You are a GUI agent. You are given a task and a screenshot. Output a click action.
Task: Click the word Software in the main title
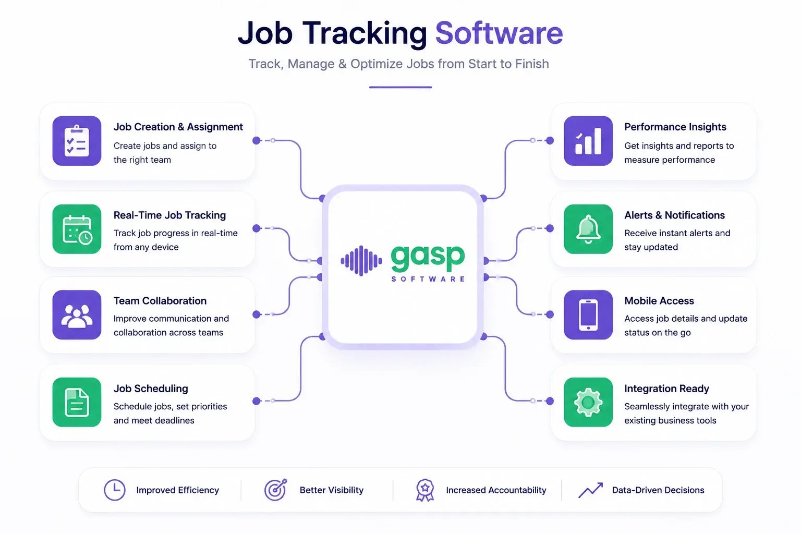coord(499,33)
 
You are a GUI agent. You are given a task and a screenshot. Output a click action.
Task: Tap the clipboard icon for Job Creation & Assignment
coord(77,141)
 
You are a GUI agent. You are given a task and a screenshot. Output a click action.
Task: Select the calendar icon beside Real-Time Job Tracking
coord(77,229)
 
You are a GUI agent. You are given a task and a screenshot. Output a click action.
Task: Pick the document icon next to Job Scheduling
coord(77,402)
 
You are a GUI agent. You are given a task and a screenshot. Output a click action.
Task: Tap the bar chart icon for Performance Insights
coord(588,141)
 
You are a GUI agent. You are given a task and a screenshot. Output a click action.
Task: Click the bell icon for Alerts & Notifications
coord(588,229)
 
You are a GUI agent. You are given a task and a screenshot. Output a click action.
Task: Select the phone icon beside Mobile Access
coord(588,315)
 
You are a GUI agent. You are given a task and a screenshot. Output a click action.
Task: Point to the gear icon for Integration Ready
coord(588,402)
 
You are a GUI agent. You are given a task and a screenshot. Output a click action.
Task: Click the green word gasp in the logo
coord(428,258)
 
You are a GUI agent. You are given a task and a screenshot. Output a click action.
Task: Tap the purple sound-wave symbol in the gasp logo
coord(361,261)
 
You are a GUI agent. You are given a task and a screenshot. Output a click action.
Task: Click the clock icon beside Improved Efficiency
coord(114,490)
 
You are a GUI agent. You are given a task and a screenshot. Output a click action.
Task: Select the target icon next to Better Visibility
coord(276,490)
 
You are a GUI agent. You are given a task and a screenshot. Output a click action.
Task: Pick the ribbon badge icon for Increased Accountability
coord(425,490)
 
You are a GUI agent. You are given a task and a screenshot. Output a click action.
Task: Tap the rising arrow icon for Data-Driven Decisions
coord(591,490)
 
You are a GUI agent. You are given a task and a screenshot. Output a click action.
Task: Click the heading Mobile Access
coord(659,301)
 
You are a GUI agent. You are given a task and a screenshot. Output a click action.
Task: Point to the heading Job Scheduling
coord(151,389)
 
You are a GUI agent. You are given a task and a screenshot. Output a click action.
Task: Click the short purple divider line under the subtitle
coord(400,87)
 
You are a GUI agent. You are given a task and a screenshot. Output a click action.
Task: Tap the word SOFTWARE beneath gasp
coord(428,279)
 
